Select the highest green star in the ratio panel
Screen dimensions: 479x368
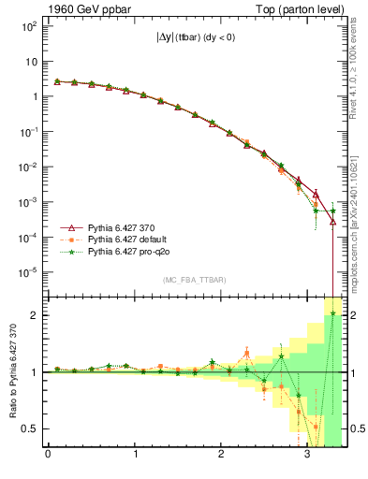[333, 314]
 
